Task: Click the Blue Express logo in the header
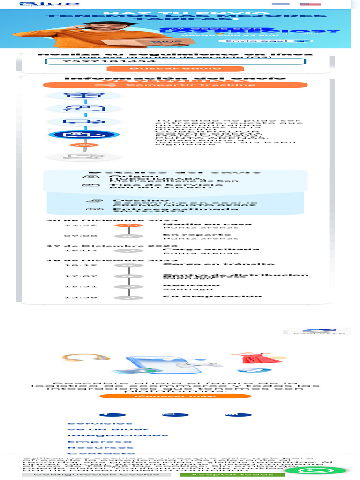pos(50,4)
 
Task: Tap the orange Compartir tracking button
pos(175,85)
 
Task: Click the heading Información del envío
pos(175,78)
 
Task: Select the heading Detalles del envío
pos(175,172)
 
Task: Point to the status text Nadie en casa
pos(207,224)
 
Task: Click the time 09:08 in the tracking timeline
pos(74,236)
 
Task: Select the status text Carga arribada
pos(210,249)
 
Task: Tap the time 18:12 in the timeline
pos(74,265)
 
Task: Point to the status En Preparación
pos(212,296)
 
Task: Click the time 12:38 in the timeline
pos(74,297)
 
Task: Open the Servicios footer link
pos(93,423)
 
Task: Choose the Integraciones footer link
pos(118,435)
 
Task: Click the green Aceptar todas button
pos(232,474)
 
